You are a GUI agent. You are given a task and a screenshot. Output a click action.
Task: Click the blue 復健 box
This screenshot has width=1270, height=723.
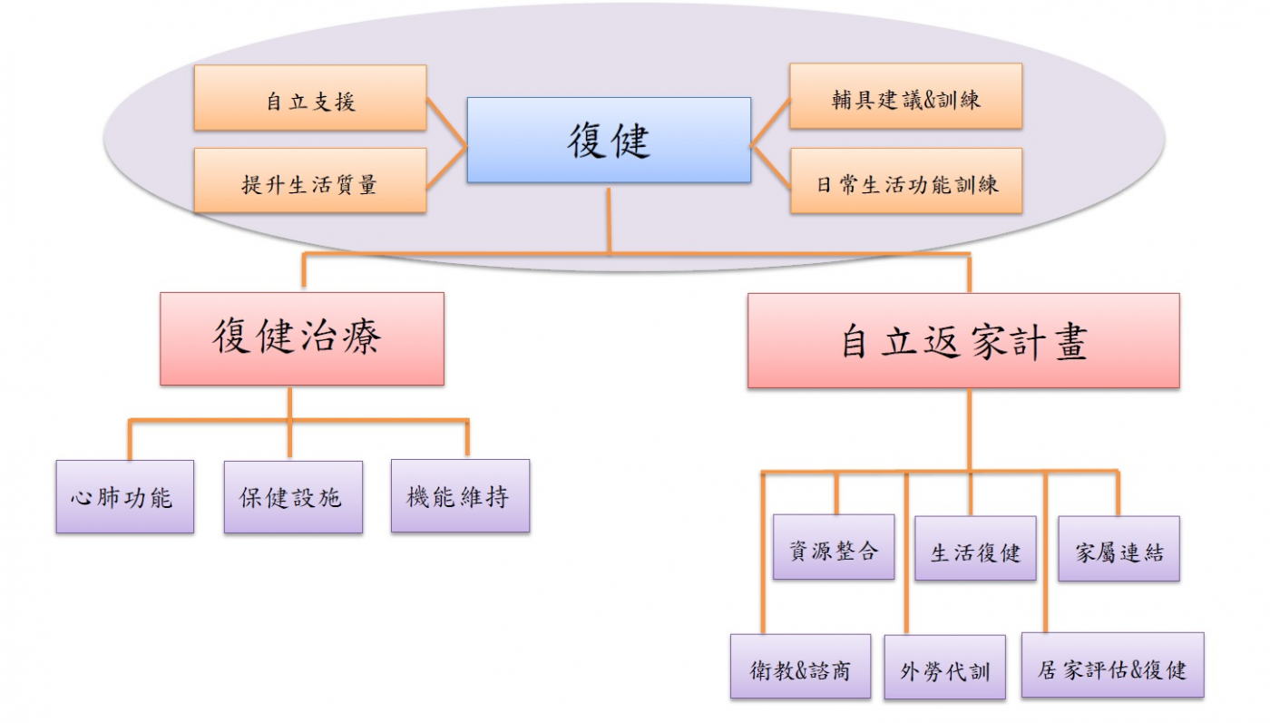[x=609, y=140]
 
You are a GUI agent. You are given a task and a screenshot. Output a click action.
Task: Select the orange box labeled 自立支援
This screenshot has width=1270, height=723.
[x=310, y=98]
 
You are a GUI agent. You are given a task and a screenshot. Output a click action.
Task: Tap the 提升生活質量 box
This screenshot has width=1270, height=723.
[x=310, y=181]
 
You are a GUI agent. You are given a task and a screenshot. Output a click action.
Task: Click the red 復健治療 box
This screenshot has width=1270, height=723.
[x=302, y=338]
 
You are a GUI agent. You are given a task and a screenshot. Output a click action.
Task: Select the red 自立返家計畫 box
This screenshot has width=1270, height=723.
[x=963, y=340]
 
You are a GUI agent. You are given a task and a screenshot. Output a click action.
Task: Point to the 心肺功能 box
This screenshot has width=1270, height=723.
[x=124, y=496]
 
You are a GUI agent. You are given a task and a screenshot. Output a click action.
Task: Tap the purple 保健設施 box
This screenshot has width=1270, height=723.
[x=293, y=496]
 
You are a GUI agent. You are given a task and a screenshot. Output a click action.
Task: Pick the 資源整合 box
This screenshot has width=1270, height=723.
[x=834, y=547]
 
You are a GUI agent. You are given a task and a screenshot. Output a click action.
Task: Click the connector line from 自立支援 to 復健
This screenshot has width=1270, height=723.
[x=446, y=119]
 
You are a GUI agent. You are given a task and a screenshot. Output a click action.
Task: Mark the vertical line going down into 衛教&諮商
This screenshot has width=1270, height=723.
[x=763, y=553]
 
